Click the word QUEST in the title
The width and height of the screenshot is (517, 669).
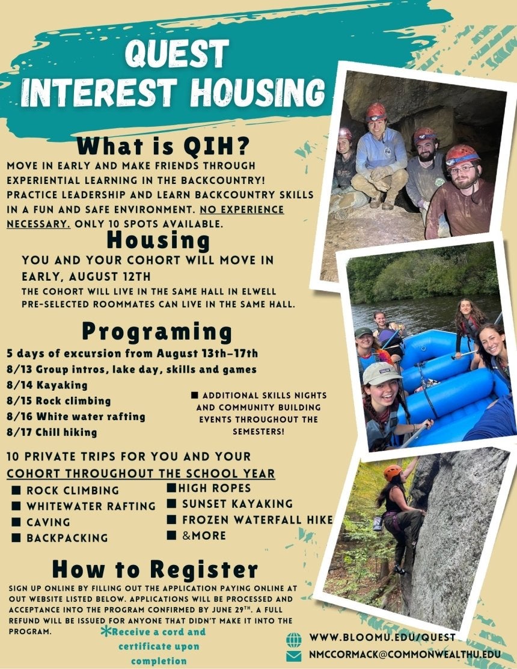pos(177,54)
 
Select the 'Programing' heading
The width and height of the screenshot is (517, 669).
pos(157,332)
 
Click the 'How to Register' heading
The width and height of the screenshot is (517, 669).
pos(155,569)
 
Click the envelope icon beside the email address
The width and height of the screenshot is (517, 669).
pos(294,656)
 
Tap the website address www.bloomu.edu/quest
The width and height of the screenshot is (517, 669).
pos(382,637)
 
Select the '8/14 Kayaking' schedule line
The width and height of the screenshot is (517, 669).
pos(47,385)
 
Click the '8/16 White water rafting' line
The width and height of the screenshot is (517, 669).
pos(76,417)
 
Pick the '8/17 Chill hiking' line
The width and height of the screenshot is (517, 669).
pos(52,432)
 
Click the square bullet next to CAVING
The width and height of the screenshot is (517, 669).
pos(16,522)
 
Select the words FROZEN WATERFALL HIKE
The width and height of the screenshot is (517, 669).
pos(257,520)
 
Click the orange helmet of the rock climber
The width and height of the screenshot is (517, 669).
pos(393,472)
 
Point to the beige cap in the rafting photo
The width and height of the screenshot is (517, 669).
pos(381,373)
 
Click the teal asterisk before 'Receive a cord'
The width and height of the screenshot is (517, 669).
pos(106,632)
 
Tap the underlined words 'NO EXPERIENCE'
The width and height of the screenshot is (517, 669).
pos(242,210)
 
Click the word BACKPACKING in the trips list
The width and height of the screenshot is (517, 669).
pos(67,538)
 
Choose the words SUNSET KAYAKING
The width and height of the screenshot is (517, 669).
pos(237,504)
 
